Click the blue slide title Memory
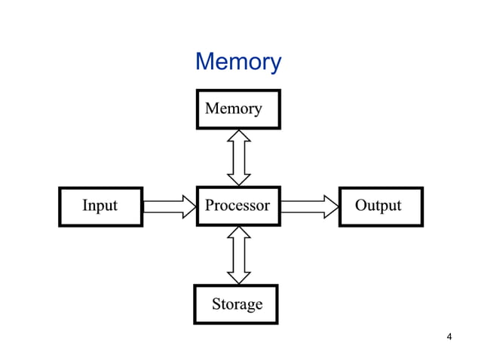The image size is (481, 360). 238,62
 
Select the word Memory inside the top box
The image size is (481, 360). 234,108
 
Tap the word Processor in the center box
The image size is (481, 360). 237,205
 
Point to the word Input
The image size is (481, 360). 100,205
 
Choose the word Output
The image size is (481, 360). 378,205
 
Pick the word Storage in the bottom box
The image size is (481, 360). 237,304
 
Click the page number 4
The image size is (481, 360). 449,337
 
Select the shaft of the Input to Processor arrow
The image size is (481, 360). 162,206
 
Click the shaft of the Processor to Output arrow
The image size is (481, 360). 302,206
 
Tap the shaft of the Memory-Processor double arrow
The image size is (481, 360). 239,157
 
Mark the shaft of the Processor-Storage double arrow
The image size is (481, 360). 239,255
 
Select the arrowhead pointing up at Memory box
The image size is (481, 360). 239,136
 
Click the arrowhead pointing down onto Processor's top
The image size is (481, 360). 239,179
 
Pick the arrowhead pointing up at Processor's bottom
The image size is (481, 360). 239,233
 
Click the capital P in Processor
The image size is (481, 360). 210,205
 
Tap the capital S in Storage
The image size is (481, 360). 216,304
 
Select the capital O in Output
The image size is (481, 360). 361,205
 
